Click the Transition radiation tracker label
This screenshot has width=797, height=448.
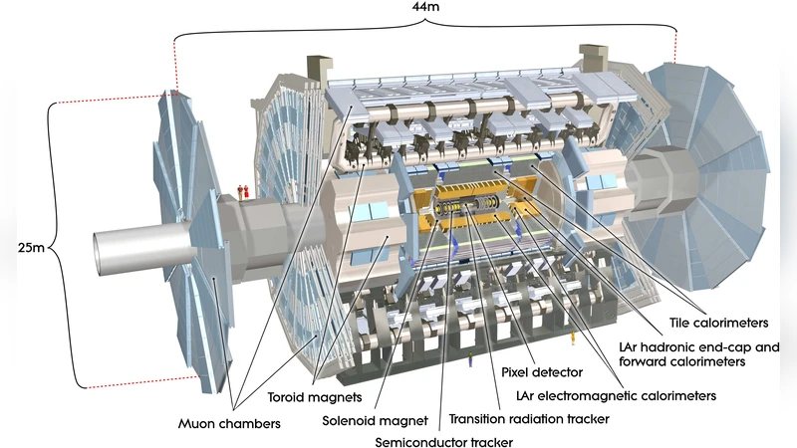(x=528, y=418)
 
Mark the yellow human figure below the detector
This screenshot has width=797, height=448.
(x=573, y=343)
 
